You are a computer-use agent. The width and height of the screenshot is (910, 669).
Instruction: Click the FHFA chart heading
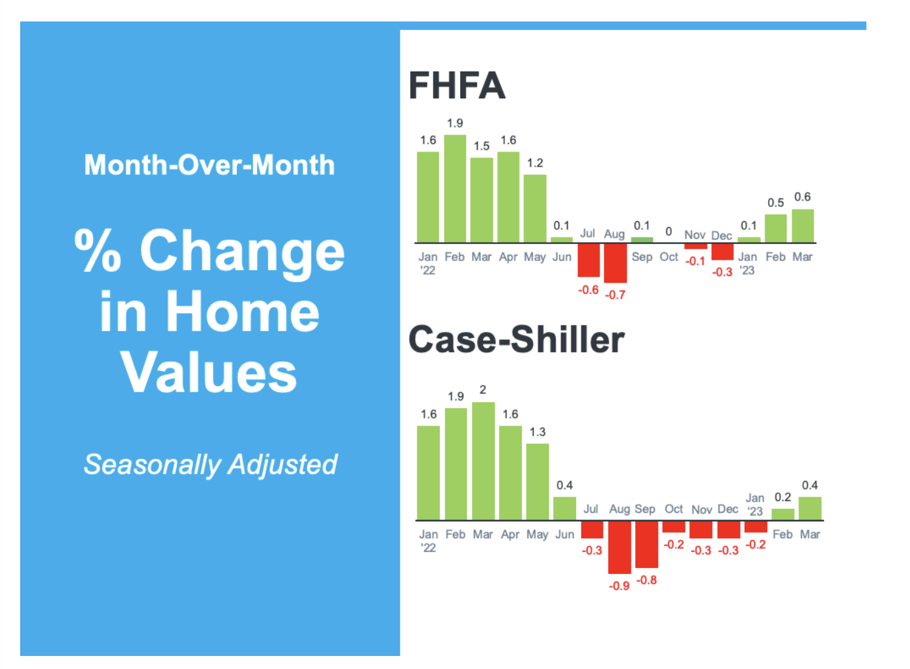[x=456, y=85]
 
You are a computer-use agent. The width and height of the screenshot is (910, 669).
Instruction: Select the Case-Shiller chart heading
[x=516, y=340]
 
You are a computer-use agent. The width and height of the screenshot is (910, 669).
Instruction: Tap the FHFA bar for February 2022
[x=455, y=189]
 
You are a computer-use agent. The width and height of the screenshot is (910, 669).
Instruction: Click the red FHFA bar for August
[x=615, y=263]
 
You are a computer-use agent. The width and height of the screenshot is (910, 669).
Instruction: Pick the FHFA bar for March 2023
[x=803, y=226]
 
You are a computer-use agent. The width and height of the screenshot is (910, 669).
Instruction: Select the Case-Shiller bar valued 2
[x=483, y=461]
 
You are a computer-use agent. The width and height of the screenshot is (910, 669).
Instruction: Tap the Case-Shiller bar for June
[x=564, y=508]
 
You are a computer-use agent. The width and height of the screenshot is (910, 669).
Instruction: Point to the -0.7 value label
[x=615, y=295]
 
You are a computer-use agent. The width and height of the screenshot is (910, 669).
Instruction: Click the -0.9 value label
[x=619, y=586]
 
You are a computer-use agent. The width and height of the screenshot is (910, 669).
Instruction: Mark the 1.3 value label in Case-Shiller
[x=538, y=432]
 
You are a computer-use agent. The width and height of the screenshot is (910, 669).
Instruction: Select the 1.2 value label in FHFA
[x=535, y=163]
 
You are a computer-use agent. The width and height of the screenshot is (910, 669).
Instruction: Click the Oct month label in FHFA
[x=669, y=257]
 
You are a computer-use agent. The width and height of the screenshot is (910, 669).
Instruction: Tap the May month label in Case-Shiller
[x=538, y=534]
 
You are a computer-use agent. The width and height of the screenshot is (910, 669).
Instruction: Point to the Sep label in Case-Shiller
[x=644, y=509]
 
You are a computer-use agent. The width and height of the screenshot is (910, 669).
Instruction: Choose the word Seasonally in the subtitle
[x=153, y=465]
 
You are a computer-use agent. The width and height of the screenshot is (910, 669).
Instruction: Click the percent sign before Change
[x=98, y=251]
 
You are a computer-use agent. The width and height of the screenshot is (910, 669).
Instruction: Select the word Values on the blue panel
[x=209, y=372]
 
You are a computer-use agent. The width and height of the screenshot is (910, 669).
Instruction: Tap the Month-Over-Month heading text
[x=209, y=165]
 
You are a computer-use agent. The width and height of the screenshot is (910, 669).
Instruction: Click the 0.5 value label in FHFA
[x=775, y=202]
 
